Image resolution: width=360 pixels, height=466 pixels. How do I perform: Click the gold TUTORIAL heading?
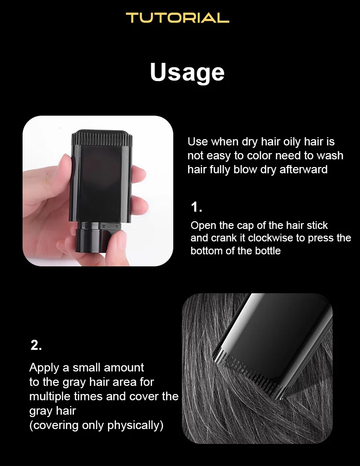point(178,18)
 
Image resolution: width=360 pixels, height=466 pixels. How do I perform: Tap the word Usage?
point(187,72)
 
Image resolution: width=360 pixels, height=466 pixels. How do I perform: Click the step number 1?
point(196,207)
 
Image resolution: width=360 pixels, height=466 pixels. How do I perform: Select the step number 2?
point(36,346)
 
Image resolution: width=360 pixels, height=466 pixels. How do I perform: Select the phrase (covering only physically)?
point(96,425)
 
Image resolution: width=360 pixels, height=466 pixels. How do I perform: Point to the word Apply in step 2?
point(44,368)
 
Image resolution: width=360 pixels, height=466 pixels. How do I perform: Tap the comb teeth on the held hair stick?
point(102,139)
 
